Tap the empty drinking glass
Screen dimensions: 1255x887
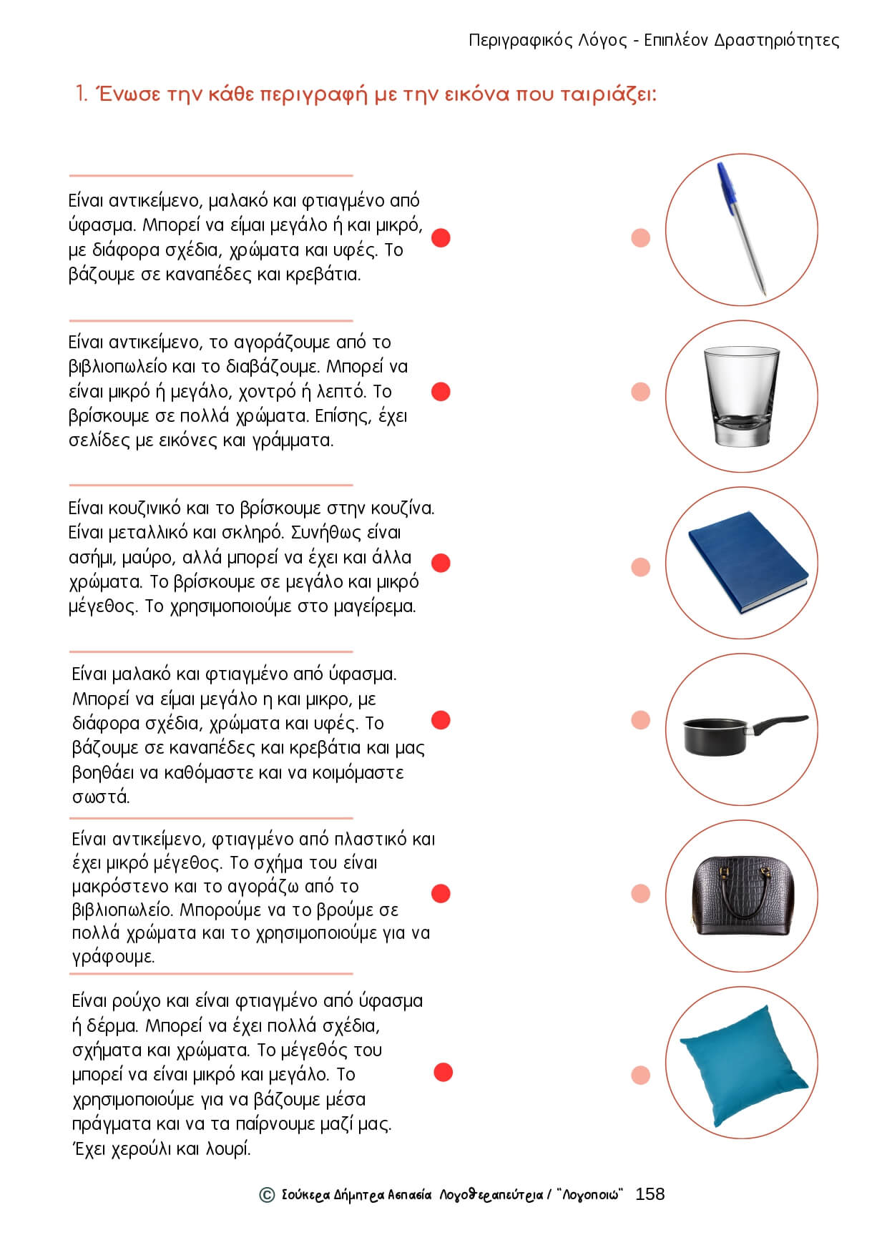click(741, 395)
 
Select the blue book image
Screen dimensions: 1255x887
click(747, 562)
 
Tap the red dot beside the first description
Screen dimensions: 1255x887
click(441, 237)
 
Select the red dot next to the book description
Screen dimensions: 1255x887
click(441, 392)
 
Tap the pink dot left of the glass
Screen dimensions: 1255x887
click(641, 392)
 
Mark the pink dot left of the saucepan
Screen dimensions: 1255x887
click(641, 720)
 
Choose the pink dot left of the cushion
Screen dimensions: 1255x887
click(641, 1075)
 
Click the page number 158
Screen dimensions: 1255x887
click(650, 1194)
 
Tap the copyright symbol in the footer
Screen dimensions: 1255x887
click(267, 1195)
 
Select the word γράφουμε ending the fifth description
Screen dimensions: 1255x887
click(113, 957)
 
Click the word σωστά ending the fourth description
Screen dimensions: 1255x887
click(101, 797)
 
